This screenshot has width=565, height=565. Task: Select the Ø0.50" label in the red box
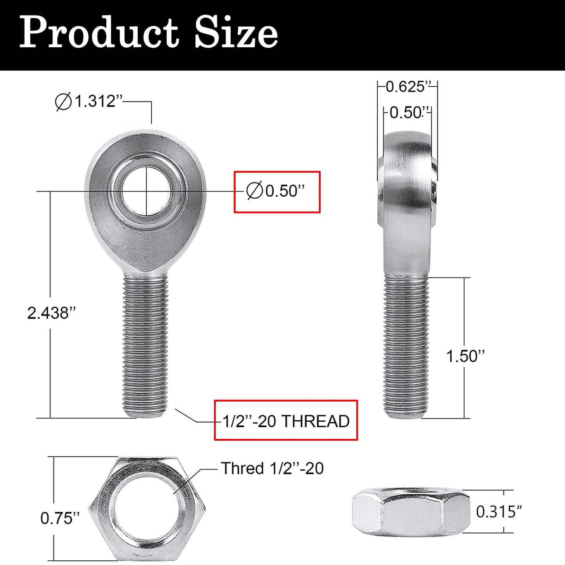276,191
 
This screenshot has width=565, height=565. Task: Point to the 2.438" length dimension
51,313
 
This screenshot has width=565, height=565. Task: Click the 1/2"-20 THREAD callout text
286,421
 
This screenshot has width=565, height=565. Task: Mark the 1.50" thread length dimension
465,356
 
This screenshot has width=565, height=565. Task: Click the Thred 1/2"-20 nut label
272,468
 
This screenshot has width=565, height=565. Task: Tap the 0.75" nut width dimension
60,518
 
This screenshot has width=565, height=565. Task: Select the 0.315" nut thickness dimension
499,511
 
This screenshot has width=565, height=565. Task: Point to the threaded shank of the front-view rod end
145,344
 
